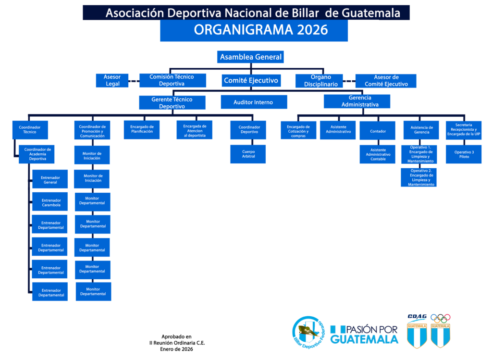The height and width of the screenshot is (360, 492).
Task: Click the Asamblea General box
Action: pyautogui.click(x=250, y=57)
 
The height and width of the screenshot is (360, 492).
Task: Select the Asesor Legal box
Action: pyautogui.click(x=112, y=80)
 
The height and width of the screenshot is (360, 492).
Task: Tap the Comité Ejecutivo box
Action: pyautogui.click(x=251, y=80)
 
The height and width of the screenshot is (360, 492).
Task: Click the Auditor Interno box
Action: pyautogui.click(x=253, y=102)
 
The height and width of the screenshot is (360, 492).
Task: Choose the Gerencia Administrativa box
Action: pyautogui.click(x=357, y=101)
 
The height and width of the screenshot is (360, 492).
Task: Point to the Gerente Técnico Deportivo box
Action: pyautogui.click(x=172, y=102)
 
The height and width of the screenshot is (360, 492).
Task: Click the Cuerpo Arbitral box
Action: pyautogui.click(x=248, y=154)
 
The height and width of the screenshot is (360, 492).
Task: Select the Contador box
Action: pyautogui.click(x=378, y=131)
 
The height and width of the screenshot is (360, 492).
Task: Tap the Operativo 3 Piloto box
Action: pyautogui.click(x=464, y=154)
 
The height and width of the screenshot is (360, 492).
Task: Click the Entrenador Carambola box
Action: pyautogui.click(x=51, y=202)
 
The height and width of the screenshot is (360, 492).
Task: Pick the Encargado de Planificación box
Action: pyautogui.click(x=141, y=129)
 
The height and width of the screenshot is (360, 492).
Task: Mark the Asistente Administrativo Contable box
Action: pyautogui.click(x=378, y=154)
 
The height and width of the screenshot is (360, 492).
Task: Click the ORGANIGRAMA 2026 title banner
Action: pyautogui.click(x=254, y=30)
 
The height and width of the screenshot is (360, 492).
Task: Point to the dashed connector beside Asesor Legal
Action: pyautogui.click(x=134, y=81)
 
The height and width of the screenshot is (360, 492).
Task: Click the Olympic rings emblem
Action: pyautogui.click(x=440, y=318)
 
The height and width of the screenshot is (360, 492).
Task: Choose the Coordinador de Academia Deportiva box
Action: pyautogui.click(x=37, y=154)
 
